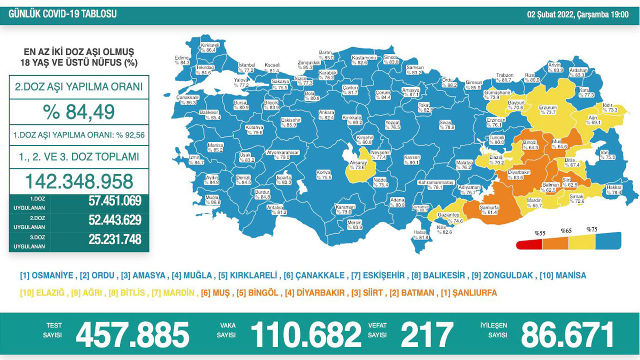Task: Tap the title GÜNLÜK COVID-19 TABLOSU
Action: pyautogui.click(x=62, y=14)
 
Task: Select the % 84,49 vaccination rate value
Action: pyautogui.click(x=78, y=112)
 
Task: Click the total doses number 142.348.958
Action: pyautogui.click(x=78, y=181)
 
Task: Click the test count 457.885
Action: pyautogui.click(x=132, y=334)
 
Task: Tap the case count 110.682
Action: pyautogui.click(x=305, y=334)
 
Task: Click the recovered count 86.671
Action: pyautogui.click(x=567, y=334)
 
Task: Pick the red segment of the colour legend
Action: pyautogui.click(x=529, y=243)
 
